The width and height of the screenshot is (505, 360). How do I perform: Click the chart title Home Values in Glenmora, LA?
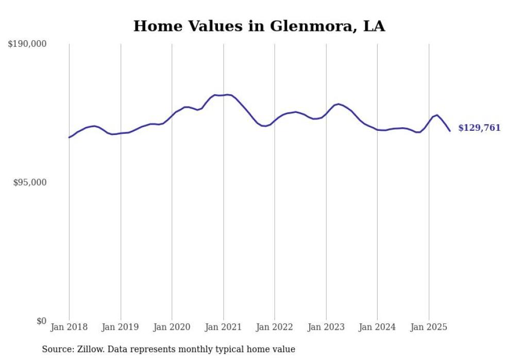point(259,26)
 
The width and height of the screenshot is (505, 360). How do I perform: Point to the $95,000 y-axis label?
point(29,183)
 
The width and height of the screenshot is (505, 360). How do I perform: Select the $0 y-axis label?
point(41,321)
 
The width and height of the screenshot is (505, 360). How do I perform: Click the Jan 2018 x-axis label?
point(69,327)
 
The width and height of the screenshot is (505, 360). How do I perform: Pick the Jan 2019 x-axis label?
point(121,327)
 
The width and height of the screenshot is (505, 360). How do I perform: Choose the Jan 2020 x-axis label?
point(172,327)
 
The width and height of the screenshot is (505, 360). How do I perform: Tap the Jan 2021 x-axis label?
point(223,327)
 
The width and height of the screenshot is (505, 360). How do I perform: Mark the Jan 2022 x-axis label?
point(275,327)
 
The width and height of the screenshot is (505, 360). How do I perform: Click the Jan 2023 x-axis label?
point(326,327)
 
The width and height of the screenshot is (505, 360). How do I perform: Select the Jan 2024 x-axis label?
point(377,327)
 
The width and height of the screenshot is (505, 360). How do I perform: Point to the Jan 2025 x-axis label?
point(429,327)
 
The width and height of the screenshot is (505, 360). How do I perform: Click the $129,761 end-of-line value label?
point(479,128)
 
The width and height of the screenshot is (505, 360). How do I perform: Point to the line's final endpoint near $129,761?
point(450,131)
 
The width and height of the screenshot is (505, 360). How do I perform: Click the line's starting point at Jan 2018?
point(69,138)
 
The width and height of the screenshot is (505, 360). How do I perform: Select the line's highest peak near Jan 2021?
point(227,95)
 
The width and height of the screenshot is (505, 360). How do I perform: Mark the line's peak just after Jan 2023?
point(338,104)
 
